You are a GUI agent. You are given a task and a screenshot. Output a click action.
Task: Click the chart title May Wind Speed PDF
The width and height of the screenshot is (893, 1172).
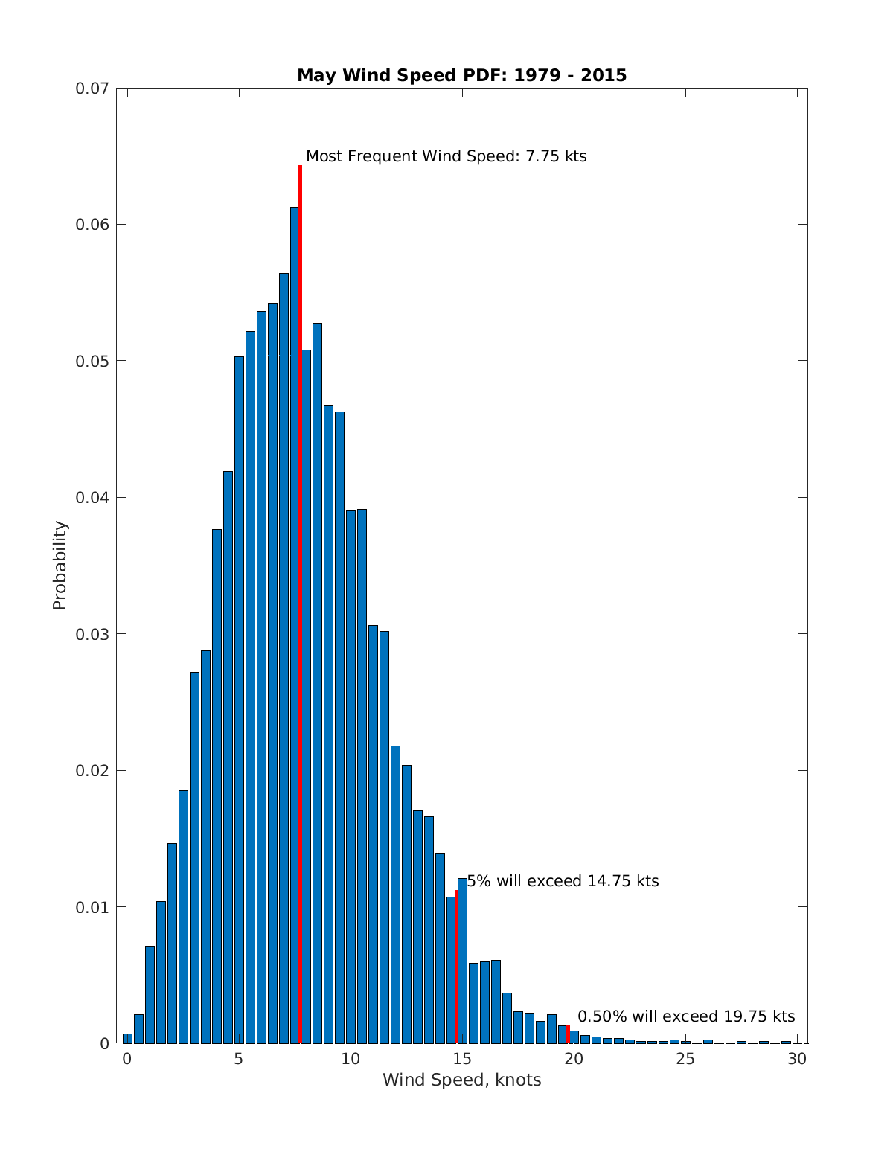pos(461,75)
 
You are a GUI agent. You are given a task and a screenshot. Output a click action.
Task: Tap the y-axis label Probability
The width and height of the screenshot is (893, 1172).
pos(60,566)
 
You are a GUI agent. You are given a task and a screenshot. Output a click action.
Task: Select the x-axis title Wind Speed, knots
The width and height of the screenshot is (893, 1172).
pos(461,1080)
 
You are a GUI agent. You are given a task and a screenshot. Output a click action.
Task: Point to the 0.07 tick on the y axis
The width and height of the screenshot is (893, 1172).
pos(92,89)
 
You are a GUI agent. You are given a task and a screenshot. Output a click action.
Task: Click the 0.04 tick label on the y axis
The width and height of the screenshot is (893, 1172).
pos(92,498)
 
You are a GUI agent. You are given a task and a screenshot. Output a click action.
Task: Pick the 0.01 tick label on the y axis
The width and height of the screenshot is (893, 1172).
pos(92,907)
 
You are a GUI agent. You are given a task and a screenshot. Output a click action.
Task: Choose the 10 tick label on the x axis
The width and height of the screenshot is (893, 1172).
pos(351,1059)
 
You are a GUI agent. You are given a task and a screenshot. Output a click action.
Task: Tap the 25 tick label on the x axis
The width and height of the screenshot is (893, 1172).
pos(685,1059)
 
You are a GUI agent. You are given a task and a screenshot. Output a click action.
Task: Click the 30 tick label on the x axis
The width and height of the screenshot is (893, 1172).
pos(797,1059)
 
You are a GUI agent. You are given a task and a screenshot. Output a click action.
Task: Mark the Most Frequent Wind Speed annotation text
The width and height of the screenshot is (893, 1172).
pos(446,156)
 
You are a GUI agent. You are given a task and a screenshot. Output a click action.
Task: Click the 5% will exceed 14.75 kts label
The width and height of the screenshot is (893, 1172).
pos(563,881)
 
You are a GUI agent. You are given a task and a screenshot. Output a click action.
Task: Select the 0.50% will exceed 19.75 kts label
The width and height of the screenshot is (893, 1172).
pos(686,1016)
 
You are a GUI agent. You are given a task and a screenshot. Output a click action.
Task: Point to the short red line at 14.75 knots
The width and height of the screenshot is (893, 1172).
pos(456,967)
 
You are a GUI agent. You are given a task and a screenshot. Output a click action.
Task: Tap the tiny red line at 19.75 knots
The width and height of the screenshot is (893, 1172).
pos(569,1034)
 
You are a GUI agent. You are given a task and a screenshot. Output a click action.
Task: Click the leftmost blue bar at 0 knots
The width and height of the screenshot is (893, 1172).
pos(127,1038)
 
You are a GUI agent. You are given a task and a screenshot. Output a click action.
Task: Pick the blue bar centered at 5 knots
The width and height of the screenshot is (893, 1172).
pos(239,699)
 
